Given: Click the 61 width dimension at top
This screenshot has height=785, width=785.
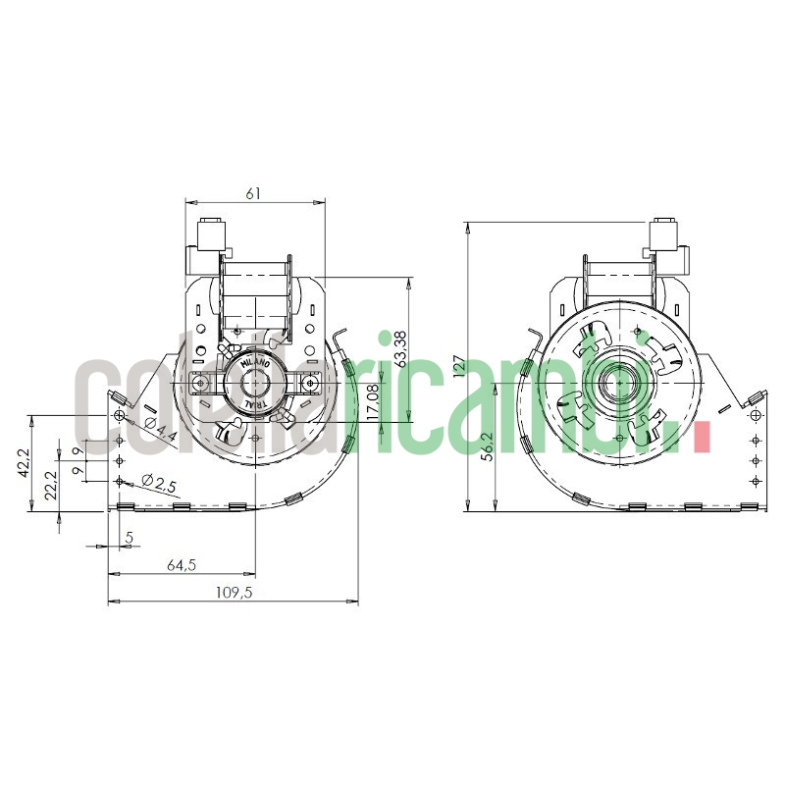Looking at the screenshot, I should pos(253,193).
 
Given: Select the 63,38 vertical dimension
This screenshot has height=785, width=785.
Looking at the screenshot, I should pos(401,349).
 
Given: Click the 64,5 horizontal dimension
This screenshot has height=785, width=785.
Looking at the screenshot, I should pos(180,565).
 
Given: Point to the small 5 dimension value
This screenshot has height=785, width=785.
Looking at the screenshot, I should pos(128,538).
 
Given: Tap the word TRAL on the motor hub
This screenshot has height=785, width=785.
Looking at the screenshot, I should pos(254,403).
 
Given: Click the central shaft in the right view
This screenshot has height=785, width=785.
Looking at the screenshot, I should pos(620,382).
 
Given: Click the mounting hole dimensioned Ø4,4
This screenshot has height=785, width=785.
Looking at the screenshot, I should pos(120,417).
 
